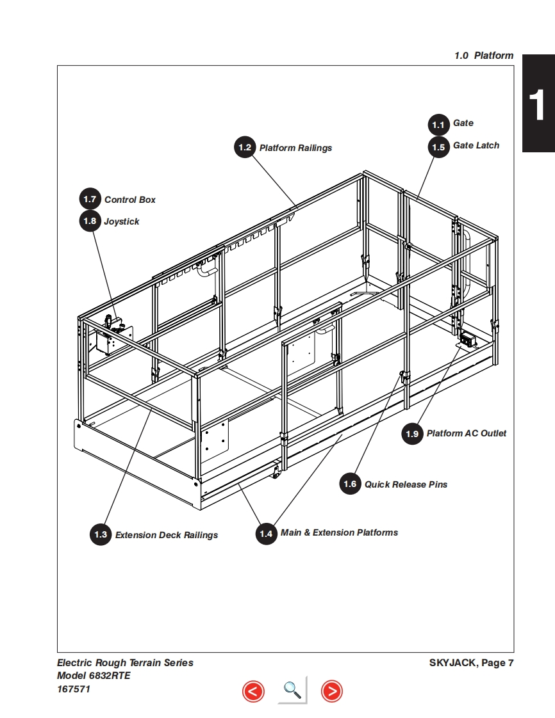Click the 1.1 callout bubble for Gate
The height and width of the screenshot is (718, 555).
(438, 124)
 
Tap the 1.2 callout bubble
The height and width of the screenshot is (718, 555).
(245, 148)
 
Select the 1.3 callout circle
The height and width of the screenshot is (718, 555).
(101, 534)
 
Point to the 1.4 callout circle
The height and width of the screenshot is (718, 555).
(266, 533)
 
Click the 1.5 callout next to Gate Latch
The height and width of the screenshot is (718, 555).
(438, 147)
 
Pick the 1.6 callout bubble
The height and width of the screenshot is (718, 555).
(350, 484)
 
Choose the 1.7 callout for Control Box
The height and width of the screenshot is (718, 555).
(90, 200)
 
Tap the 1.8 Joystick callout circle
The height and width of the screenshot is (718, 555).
(90, 221)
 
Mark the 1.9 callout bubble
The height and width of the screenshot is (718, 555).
(412, 434)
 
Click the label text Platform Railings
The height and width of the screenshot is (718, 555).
(295, 148)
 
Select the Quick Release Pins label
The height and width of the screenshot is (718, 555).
(406, 484)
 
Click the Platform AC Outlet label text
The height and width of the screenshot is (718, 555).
(466, 434)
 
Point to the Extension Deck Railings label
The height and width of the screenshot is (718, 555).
(167, 535)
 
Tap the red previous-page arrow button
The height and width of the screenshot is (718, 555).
(253, 691)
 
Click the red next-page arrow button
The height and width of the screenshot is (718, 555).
(331, 691)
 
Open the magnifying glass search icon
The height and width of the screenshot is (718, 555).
(292, 690)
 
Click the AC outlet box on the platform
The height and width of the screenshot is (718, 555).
(467, 340)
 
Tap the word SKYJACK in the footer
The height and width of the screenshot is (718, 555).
(452, 663)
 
